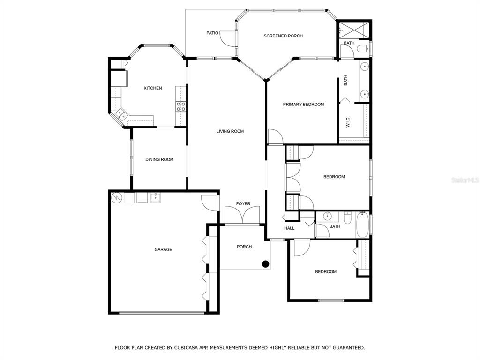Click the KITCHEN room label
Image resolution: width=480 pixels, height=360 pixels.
(x=153, y=88)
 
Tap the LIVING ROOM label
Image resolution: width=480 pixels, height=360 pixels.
(x=230, y=131)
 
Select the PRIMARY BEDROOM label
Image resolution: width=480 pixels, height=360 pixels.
(x=303, y=105)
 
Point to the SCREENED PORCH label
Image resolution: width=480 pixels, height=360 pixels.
(x=283, y=36)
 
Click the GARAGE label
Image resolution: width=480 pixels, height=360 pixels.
(x=163, y=249)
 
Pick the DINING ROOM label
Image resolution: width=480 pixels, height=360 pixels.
(x=159, y=159)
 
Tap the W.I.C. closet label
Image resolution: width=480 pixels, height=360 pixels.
(x=348, y=122)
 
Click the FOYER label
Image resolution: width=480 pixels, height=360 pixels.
(x=243, y=203)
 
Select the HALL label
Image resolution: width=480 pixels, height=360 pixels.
(x=289, y=228)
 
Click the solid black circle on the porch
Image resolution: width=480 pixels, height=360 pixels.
(x=265, y=263)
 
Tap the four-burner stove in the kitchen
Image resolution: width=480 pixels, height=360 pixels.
(x=180, y=106)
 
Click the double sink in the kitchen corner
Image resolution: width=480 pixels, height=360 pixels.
(x=121, y=114)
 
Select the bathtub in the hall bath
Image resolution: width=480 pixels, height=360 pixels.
(x=362, y=225)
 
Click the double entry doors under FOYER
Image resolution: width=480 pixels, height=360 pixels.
(x=242, y=215)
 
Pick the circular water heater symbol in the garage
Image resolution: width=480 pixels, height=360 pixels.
(x=116, y=198)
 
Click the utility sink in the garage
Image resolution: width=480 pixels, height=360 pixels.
(x=156, y=198)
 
